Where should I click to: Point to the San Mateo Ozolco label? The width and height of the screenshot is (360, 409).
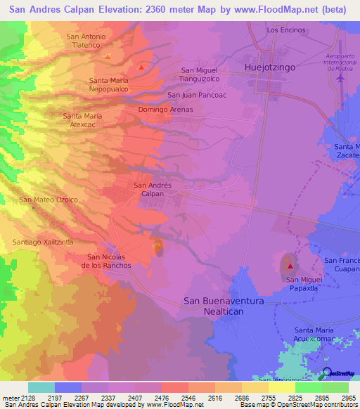tap(49, 200)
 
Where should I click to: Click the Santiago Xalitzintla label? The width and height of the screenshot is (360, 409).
tap(43, 242)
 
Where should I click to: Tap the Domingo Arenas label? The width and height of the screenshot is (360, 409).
tap(165, 110)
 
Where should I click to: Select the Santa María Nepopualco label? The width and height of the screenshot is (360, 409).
tap(109, 85)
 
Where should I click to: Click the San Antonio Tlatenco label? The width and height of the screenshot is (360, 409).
tap(86, 41)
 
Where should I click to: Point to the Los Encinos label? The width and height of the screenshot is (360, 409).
tap(286, 30)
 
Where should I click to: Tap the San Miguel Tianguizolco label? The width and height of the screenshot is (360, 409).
tap(200, 74)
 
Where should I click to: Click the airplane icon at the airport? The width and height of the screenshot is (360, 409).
tap(341, 77)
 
